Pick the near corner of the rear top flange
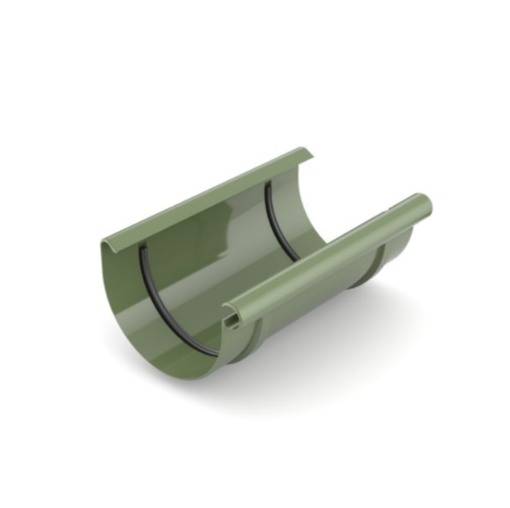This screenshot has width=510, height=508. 105,243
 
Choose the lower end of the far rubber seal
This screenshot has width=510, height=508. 297,259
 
